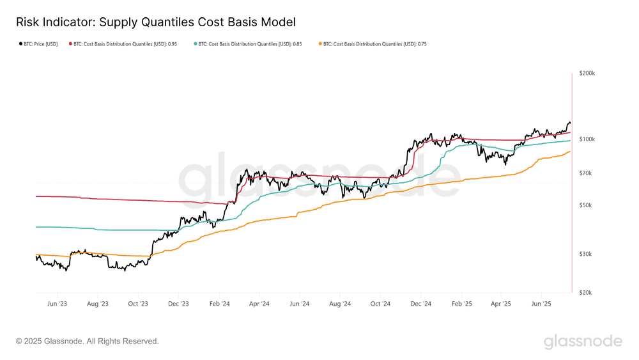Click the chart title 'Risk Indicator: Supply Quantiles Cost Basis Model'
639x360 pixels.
pos(156,22)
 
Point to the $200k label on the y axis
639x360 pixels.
pos(587,74)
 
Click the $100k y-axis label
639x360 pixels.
pos(587,139)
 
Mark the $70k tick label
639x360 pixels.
pos(585,173)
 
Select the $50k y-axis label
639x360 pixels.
pos(585,205)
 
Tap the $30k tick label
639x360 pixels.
pos(585,254)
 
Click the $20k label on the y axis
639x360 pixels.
pos(585,293)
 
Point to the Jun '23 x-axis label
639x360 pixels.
pos(58,304)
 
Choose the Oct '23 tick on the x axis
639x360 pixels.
pos(138,304)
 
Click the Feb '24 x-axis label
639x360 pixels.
pos(220,304)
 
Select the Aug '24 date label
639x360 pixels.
pos(341,304)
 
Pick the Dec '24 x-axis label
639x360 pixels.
pos(421,304)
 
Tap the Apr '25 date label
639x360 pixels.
pos(502,304)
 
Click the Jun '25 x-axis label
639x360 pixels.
pos(542,304)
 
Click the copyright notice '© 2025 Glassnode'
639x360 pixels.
pos(87,341)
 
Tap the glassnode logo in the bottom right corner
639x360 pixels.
pos(583,341)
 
